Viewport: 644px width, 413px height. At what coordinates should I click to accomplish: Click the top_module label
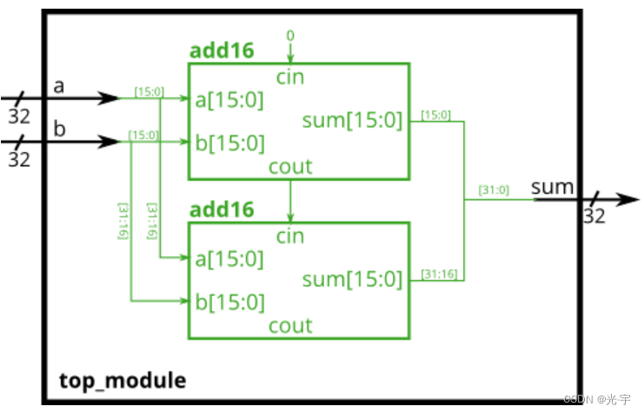(123, 381)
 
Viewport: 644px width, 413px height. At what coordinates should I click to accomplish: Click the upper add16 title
(222, 50)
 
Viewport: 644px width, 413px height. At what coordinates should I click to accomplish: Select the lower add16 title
(222, 210)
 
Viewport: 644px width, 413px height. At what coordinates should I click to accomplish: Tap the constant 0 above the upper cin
(290, 35)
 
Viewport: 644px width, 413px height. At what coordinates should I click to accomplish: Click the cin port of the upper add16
(290, 77)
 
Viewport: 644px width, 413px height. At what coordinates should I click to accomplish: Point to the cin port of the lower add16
(290, 236)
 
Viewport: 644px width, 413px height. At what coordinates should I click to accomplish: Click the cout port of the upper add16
(290, 166)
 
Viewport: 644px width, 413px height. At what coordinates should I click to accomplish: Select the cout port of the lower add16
(290, 325)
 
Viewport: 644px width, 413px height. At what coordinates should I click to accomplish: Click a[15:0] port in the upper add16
(230, 99)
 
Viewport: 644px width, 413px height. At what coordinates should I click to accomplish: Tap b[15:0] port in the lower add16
(230, 302)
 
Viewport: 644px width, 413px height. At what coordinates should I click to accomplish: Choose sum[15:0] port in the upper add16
(352, 120)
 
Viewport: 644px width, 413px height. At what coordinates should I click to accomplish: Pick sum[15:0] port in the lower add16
(352, 279)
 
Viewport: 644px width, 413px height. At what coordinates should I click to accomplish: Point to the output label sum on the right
(553, 186)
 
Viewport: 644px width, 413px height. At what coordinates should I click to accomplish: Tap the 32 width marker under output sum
(594, 216)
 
